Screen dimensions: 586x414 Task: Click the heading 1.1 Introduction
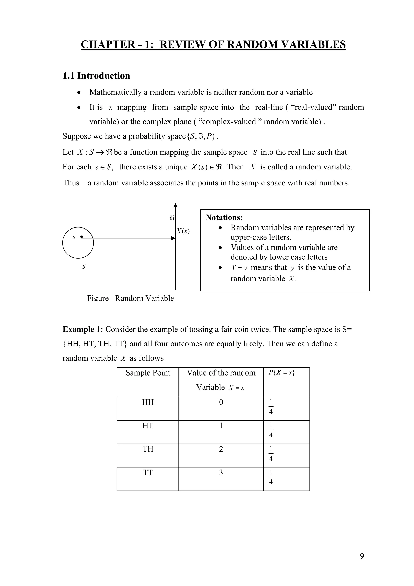[x=96, y=76]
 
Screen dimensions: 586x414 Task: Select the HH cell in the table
[x=148, y=402]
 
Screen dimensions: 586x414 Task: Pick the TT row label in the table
[x=148, y=472]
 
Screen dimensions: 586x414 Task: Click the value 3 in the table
[x=221, y=472]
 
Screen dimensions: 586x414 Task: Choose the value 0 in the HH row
[x=221, y=402]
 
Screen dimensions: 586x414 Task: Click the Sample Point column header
[x=148, y=373]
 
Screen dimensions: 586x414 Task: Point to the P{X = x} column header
[x=282, y=373]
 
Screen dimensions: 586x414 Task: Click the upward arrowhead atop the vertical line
[x=175, y=205]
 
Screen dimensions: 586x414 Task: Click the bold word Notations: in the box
[x=224, y=217]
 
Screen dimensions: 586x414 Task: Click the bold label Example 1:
[x=83, y=329]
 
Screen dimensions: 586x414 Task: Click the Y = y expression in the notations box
[x=239, y=268]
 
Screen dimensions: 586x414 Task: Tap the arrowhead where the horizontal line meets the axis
[x=173, y=238]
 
